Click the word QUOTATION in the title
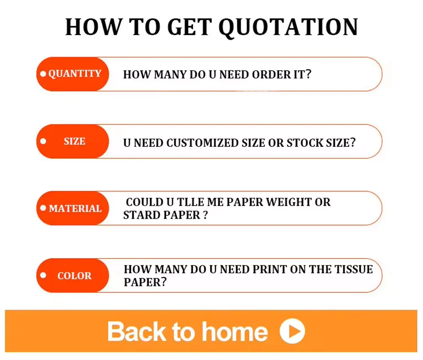point(288,27)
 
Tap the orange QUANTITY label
point(73,74)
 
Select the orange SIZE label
point(73,141)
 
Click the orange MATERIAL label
point(73,208)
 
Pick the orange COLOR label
point(73,275)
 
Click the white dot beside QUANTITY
point(43,74)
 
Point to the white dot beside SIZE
point(43,141)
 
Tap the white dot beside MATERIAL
point(43,208)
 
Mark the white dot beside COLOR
point(43,275)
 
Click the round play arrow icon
point(292,331)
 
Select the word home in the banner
point(235,332)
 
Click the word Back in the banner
point(137,332)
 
